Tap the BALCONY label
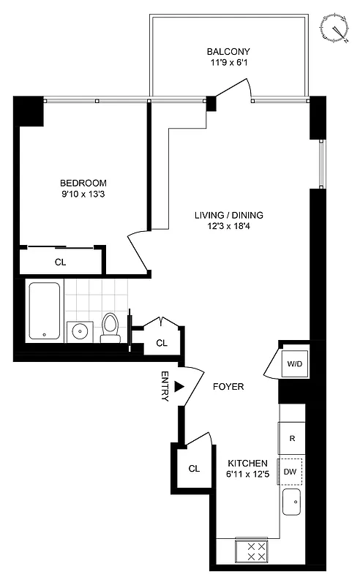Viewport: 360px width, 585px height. coord(228,52)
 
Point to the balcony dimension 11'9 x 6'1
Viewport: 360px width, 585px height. coord(228,64)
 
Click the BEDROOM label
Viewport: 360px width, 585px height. coord(83,183)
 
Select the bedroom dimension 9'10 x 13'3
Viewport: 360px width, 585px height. coord(83,195)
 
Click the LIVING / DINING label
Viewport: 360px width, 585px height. coord(228,215)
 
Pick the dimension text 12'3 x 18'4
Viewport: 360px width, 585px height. coord(228,227)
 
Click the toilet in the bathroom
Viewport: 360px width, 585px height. coord(110,327)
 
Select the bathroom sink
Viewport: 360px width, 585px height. coord(79,331)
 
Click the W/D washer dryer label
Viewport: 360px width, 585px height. coord(294,362)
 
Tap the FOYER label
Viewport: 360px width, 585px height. coord(228,386)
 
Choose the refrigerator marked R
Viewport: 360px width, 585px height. coord(292,439)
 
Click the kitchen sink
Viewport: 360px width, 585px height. coord(292,502)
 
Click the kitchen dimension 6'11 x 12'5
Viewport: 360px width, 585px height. coord(247,475)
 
